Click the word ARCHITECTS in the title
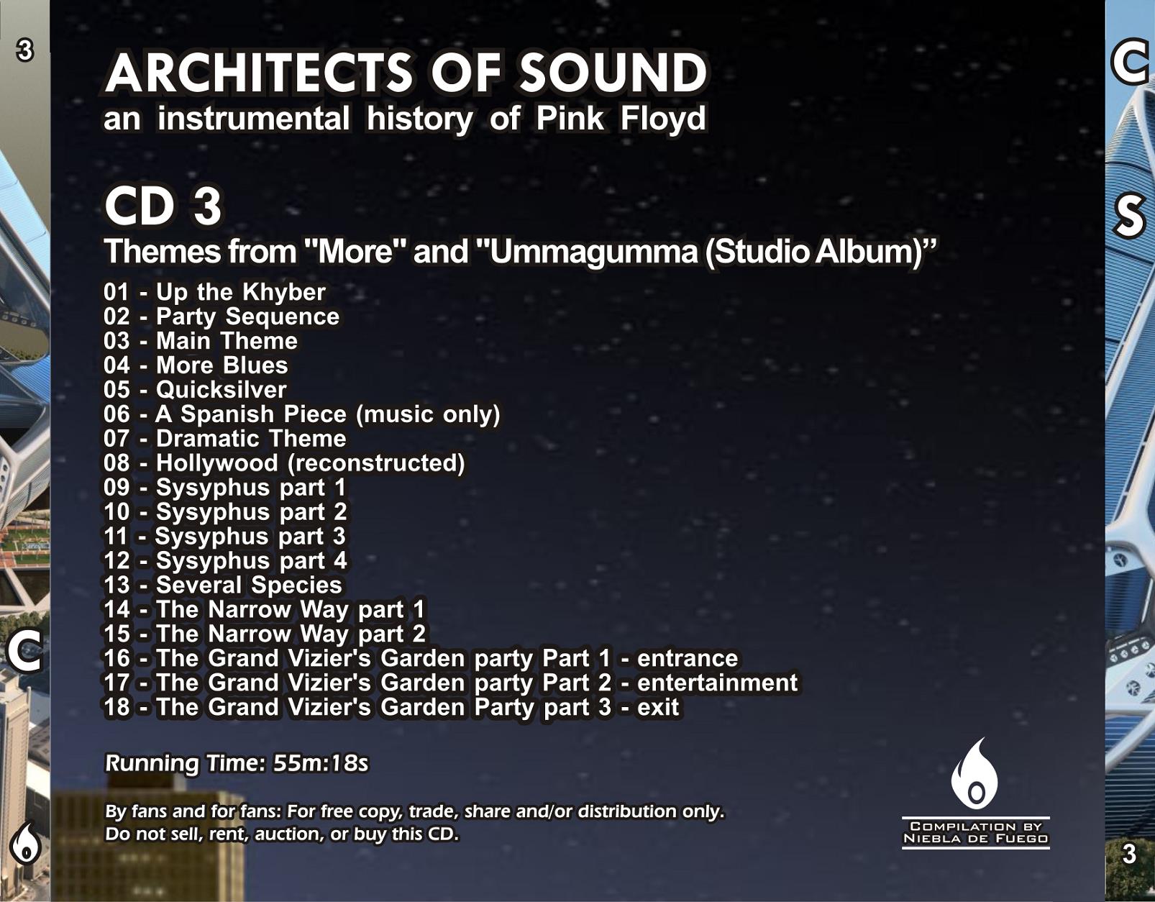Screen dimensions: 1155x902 point(260,73)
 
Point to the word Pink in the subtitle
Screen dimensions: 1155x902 point(570,118)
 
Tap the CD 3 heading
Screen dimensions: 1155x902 point(163,206)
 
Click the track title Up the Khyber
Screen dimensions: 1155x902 point(240,292)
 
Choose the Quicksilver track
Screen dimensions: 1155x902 point(221,390)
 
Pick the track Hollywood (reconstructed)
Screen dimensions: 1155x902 point(311,463)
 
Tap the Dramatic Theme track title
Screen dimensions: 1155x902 point(251,439)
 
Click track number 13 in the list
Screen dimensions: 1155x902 point(117,586)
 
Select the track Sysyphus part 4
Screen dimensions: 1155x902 point(251,561)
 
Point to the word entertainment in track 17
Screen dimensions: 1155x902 point(718,683)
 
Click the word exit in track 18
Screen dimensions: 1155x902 point(658,708)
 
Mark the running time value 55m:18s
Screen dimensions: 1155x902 point(321,763)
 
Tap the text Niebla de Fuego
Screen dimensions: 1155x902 point(976,839)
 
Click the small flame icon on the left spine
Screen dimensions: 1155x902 point(25,843)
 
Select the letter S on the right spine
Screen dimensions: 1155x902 point(1128,216)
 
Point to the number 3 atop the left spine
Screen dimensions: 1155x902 point(24,51)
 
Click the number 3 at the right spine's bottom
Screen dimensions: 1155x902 point(1129,854)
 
